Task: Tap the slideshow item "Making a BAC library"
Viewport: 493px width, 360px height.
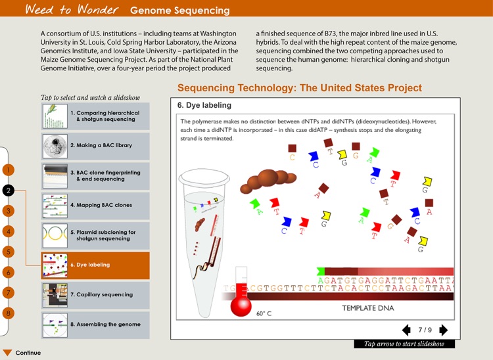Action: click(95, 146)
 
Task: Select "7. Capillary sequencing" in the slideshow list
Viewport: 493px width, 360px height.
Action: click(95, 294)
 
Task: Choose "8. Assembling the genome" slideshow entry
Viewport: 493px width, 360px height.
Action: click(95, 325)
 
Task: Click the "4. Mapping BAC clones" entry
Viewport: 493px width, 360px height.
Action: click(95, 205)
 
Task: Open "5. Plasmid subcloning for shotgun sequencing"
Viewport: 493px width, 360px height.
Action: click(95, 235)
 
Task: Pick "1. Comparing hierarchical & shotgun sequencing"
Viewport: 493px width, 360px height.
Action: click(95, 116)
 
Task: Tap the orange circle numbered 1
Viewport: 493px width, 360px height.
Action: click(8, 170)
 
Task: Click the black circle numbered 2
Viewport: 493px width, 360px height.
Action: click(8, 191)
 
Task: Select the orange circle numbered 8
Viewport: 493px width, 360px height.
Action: click(8, 313)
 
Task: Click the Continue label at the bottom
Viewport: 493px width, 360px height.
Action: click(28, 353)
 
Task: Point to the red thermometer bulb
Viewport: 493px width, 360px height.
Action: click(241, 307)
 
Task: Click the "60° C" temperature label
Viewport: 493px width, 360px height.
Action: click(264, 313)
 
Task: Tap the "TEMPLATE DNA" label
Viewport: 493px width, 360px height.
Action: click(367, 307)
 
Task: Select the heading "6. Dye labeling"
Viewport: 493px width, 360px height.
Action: click(204, 105)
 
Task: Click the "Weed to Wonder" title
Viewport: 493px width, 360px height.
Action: click(72, 9)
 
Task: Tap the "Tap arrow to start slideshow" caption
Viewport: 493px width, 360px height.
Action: click(404, 344)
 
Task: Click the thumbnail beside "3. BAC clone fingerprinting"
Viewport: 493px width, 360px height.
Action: click(55, 175)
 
